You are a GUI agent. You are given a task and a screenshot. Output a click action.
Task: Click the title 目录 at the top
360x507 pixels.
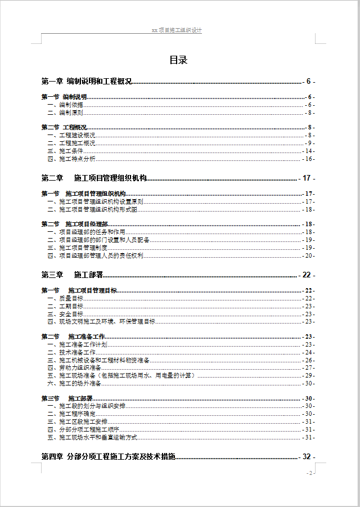(178, 60)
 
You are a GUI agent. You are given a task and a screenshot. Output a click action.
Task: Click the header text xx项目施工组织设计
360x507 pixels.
(177, 30)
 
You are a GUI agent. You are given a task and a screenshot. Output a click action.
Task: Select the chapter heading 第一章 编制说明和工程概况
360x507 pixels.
(87, 82)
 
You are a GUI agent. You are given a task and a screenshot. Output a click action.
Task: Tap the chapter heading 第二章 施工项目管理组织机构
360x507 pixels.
(94, 178)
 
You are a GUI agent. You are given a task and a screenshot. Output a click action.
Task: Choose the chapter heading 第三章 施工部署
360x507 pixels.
(72, 275)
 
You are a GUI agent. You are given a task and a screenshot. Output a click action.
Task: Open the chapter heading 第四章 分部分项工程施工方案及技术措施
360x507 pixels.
(109, 456)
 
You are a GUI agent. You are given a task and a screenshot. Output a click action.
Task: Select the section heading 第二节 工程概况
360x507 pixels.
(64, 127)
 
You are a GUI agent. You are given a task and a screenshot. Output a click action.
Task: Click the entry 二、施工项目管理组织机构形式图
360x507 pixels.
(92, 209)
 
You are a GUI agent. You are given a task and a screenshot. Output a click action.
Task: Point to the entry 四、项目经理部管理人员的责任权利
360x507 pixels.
(95, 255)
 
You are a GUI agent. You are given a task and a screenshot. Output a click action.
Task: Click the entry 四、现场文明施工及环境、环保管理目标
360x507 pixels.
(101, 321)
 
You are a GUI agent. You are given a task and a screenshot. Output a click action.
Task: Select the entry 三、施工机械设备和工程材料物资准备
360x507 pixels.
(98, 360)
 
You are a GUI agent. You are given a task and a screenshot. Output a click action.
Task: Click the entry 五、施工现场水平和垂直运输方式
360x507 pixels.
(92, 437)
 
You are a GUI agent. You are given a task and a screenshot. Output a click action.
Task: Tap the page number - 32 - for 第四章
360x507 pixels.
(307, 457)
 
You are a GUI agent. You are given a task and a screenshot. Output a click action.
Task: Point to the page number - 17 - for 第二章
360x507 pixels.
(307, 178)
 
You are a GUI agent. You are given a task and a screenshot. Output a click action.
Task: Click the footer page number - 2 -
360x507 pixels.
(309, 473)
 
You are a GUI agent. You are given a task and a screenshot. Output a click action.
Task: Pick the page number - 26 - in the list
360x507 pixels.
(309, 360)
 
